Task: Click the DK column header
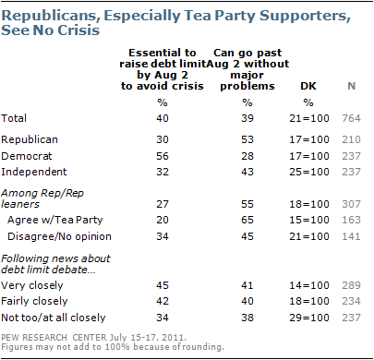click(x=308, y=86)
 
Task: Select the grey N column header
click(x=351, y=86)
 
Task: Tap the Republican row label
click(x=30, y=139)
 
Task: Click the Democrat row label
click(x=27, y=156)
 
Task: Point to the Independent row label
click(x=34, y=172)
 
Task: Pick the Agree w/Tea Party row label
click(x=55, y=220)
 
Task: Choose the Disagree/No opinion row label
click(x=59, y=236)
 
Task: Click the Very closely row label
click(x=32, y=285)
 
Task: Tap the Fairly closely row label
click(x=34, y=301)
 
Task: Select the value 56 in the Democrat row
click(x=163, y=156)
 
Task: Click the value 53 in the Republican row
click(x=247, y=139)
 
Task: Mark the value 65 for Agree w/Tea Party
click(x=247, y=220)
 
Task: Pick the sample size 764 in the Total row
click(x=351, y=118)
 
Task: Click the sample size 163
click(x=351, y=220)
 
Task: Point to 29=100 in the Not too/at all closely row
click(x=309, y=318)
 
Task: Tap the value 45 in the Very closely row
click(x=163, y=285)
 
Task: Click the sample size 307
click(x=351, y=204)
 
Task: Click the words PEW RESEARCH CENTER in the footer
click(x=54, y=338)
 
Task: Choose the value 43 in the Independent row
click(x=247, y=172)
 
